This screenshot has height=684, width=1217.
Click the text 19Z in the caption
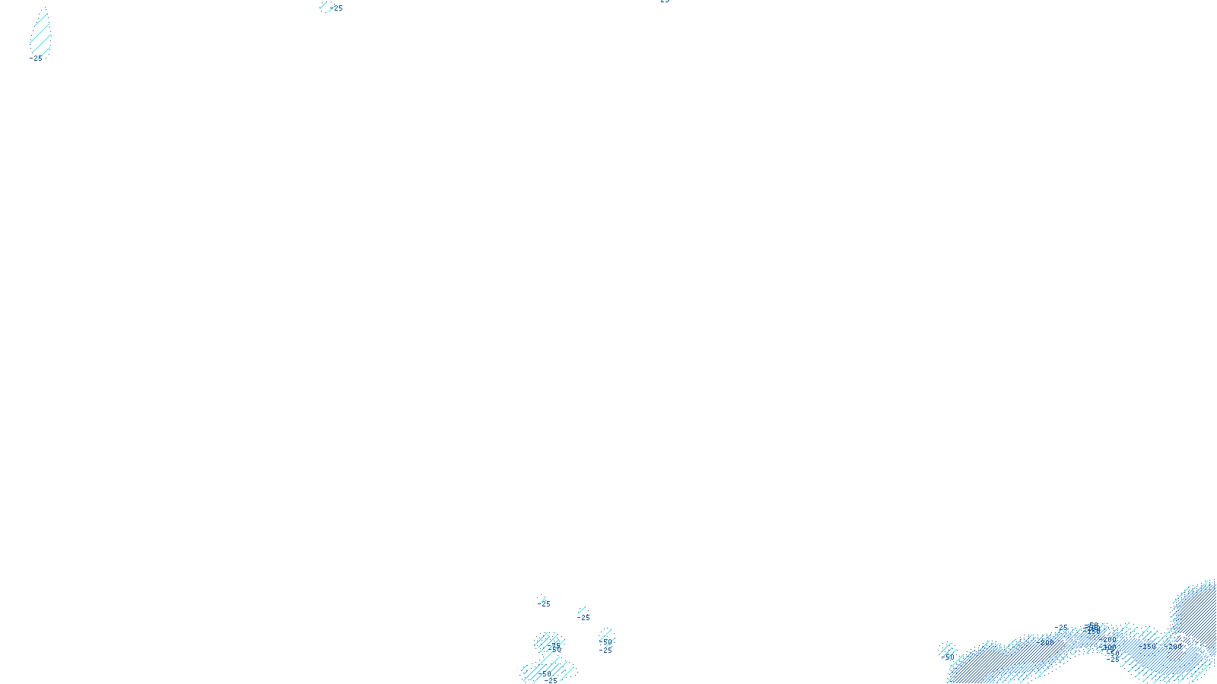point(580,674)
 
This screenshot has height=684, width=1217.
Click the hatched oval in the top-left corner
point(40,34)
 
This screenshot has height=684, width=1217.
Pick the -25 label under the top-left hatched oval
point(36,58)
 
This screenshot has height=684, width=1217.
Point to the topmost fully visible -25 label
point(337,8)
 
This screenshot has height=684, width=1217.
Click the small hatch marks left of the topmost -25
point(325,8)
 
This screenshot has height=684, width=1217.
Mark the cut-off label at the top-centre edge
point(664,2)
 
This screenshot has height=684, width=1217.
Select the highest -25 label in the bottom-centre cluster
point(545,604)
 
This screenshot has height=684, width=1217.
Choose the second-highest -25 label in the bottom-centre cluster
point(583,618)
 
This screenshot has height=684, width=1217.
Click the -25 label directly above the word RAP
point(605,651)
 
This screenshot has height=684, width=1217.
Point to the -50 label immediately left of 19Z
point(545,673)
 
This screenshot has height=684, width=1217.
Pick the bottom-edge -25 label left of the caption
point(551,681)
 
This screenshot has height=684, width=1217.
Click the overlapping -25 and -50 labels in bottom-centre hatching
point(555,647)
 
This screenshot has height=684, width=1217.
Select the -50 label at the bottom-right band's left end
point(948,657)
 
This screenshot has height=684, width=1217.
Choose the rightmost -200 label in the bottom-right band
point(1175,647)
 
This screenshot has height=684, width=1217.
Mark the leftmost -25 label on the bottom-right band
point(1063,629)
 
